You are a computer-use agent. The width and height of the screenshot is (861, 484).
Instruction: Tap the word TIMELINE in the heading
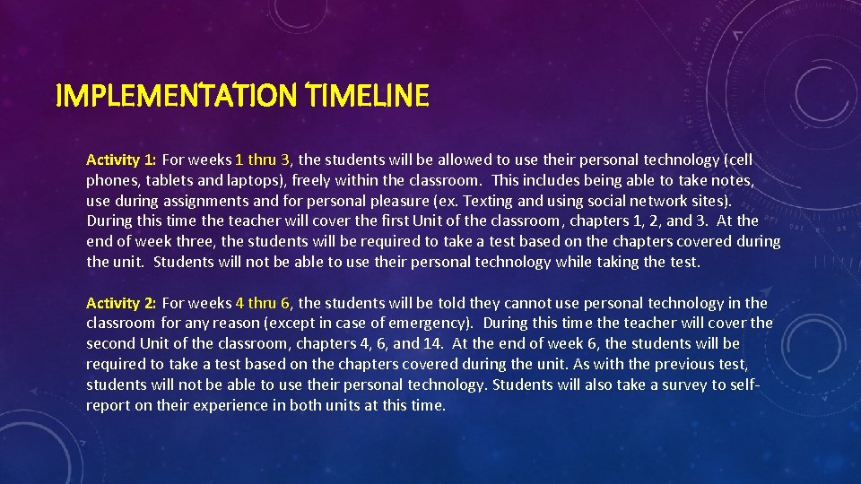point(368,95)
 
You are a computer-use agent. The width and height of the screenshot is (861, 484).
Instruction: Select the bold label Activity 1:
point(121,160)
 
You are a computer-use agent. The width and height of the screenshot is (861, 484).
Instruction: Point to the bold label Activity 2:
point(121,304)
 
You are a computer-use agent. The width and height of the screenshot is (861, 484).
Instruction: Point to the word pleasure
point(402,201)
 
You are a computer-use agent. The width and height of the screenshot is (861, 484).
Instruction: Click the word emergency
point(428,324)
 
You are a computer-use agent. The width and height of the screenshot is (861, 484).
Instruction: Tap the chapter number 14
point(433,344)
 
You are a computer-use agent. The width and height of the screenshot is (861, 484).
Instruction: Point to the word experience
point(255,405)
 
